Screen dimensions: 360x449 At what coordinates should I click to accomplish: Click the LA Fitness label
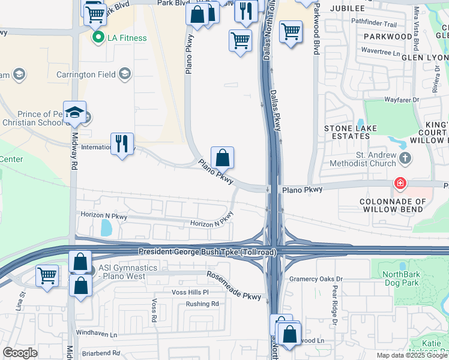pos(127,38)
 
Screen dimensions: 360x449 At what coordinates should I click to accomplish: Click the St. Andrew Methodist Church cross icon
pos(405,159)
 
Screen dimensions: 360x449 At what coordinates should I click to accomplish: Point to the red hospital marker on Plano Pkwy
pos(399,183)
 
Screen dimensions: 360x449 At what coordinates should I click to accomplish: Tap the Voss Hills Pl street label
pos(190,292)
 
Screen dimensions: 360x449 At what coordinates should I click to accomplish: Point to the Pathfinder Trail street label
pos(374,25)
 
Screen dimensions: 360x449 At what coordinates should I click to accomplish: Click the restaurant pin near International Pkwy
pos(122,144)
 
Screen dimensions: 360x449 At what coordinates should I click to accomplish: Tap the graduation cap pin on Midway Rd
pos(75,113)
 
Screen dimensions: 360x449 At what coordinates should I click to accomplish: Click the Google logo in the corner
pos(20,353)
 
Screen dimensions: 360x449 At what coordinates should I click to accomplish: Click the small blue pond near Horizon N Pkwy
pos(106,227)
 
